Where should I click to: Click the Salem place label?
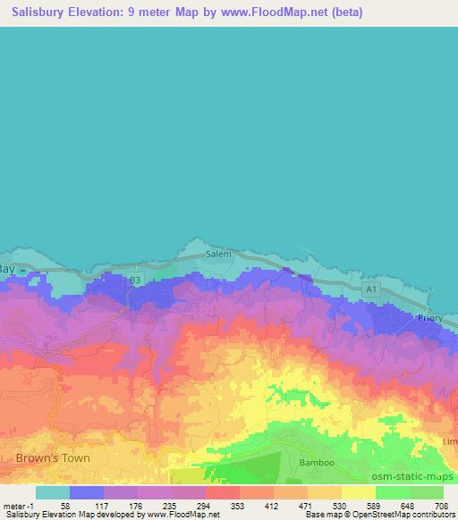point(219,254)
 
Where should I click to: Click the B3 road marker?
point(135,280)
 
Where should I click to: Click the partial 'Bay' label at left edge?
point(7,269)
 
